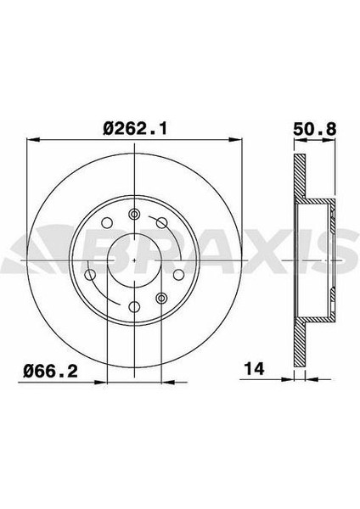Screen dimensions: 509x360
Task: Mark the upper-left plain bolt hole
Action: tap(106, 223)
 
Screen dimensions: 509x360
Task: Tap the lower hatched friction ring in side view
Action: tap(299, 335)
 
